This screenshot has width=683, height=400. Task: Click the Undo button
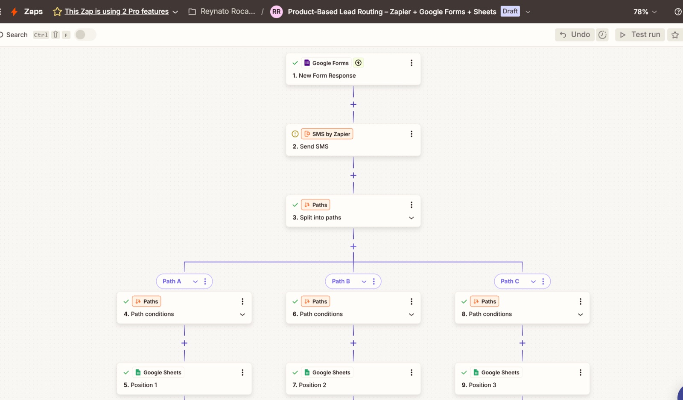[575, 35]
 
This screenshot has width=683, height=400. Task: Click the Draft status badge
[510, 11]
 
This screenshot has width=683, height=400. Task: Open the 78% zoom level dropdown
[645, 12]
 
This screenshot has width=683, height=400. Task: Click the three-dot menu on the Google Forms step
[412, 63]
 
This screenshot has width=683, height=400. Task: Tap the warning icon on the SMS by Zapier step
[295, 134]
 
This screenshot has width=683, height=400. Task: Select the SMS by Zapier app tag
[327, 134]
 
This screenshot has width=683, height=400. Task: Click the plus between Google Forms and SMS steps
[353, 104]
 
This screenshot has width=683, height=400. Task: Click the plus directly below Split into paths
[353, 246]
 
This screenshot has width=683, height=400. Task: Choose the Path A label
[172, 281]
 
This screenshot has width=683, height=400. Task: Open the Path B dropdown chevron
[364, 282]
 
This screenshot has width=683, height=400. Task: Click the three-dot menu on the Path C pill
[543, 281]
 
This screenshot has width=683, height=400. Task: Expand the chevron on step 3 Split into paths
[412, 218]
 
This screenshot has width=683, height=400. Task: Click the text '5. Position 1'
[140, 385]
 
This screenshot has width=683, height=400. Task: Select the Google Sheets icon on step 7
[307, 372]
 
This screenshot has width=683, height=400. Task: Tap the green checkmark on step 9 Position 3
[464, 372]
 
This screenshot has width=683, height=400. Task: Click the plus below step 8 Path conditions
[522, 343]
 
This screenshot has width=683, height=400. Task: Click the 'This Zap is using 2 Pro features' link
[117, 11]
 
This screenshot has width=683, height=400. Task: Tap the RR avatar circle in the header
[277, 12]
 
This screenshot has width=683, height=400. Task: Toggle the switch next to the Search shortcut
[85, 35]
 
